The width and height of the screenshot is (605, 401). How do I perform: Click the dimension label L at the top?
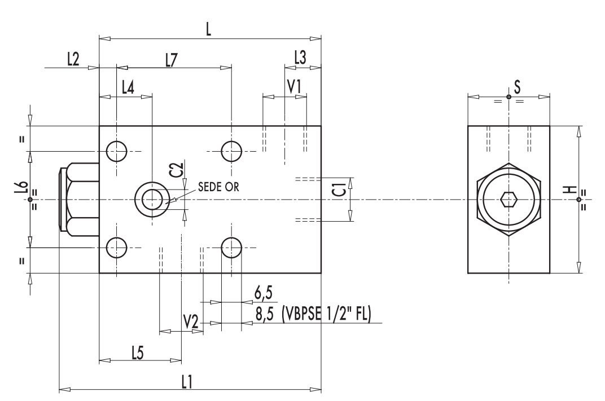(x=209, y=30)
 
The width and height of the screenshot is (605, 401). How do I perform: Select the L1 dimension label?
(x=187, y=381)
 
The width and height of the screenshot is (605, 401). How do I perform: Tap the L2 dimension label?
(x=73, y=60)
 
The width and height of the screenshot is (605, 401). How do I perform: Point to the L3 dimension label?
(x=301, y=56)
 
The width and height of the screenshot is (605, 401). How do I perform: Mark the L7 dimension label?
(x=173, y=60)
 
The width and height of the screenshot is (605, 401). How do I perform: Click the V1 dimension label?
(x=294, y=87)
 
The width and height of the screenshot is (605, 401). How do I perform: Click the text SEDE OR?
(x=218, y=188)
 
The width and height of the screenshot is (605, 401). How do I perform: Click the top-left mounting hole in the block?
(x=116, y=151)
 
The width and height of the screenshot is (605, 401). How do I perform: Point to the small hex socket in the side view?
(x=508, y=200)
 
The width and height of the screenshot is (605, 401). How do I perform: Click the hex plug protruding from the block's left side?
(x=79, y=199)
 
